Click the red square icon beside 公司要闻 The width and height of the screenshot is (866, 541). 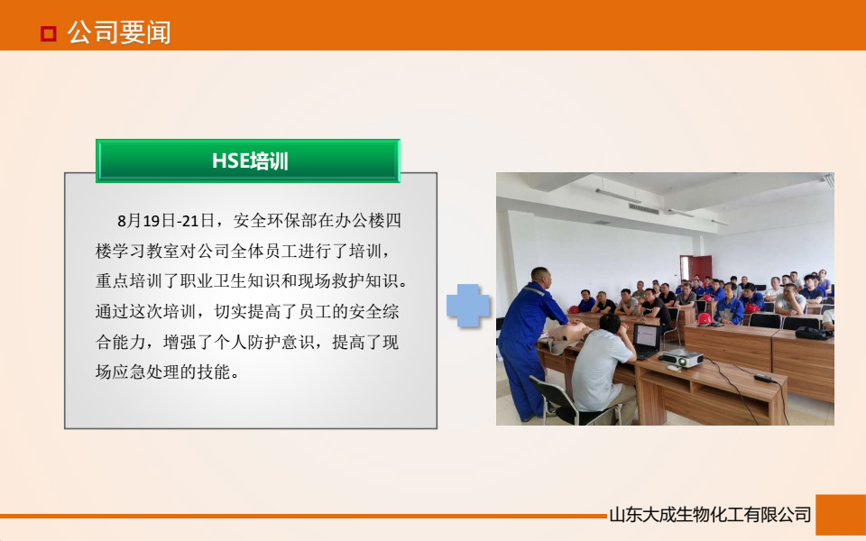(49, 34)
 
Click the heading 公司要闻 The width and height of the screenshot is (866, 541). (119, 33)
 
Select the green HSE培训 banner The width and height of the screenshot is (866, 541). (248, 161)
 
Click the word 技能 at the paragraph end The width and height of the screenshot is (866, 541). (222, 371)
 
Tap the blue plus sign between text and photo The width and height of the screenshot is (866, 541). (468, 305)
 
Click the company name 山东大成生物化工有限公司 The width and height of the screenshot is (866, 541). (710, 516)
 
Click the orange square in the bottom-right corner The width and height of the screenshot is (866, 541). (840, 515)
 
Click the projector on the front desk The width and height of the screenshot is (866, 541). (682, 358)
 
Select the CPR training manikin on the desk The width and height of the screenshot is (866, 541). (567, 341)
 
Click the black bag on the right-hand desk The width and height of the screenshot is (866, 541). (813, 333)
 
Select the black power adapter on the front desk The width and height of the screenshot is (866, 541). (762, 378)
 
